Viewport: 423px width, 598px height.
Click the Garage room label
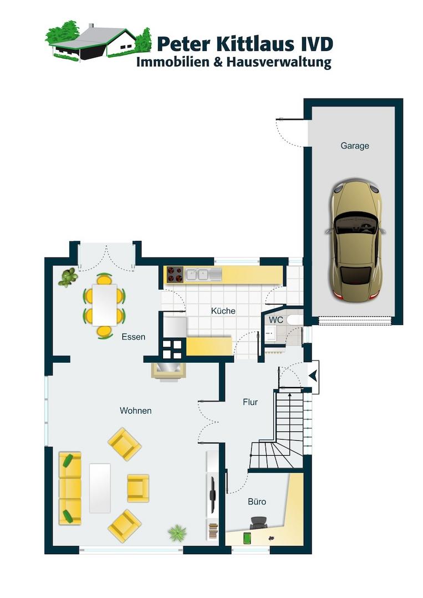click(x=355, y=146)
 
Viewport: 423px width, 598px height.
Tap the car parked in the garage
click(x=355, y=240)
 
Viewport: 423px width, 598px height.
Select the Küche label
click(x=223, y=311)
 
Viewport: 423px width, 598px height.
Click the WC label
click(x=276, y=319)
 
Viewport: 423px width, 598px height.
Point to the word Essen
click(x=133, y=337)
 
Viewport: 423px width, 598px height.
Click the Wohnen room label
click(x=135, y=411)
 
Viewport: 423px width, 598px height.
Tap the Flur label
click(x=251, y=402)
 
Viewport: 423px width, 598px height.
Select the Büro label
click(x=257, y=502)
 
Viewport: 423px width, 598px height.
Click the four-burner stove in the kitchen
click(x=175, y=275)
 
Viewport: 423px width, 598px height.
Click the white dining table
click(x=104, y=305)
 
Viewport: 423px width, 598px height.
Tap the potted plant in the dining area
click(x=68, y=277)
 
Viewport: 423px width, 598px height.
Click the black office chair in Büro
click(x=259, y=523)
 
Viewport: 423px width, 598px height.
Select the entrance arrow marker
click(x=313, y=377)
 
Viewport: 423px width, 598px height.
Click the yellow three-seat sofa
click(x=70, y=488)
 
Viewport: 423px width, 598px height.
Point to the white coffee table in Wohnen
click(x=100, y=488)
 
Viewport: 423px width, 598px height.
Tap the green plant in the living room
click(x=177, y=533)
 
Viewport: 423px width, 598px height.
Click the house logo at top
click(x=99, y=41)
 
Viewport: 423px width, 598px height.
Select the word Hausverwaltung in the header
click(x=279, y=62)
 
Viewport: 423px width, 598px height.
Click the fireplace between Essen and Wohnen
click(x=169, y=372)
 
